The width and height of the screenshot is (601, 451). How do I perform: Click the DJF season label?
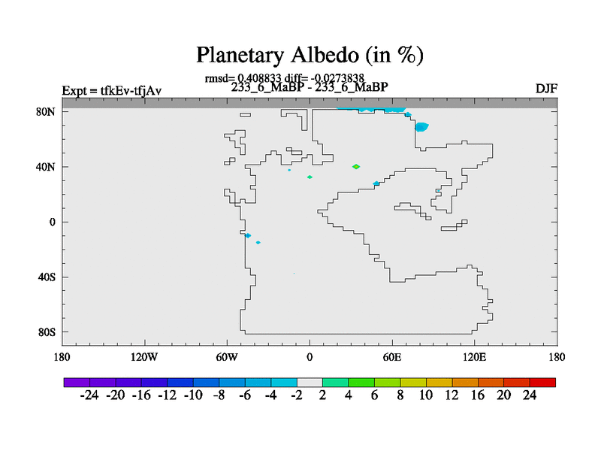point(546,89)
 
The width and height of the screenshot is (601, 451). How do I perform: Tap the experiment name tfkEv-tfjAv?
point(131,91)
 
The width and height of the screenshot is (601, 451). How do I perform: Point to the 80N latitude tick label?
point(46,111)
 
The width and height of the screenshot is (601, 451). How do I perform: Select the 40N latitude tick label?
point(46,167)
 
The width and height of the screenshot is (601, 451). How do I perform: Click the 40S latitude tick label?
point(47,277)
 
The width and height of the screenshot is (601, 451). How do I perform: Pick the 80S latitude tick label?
point(47,332)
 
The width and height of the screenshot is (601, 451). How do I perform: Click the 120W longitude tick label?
point(144,358)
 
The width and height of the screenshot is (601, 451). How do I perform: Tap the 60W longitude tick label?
point(227,358)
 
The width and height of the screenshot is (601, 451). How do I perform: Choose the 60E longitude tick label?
point(392,358)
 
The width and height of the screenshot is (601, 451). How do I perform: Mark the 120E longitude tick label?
point(475,358)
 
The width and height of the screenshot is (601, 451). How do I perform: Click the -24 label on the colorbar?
point(89,395)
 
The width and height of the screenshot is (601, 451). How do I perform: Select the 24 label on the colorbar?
point(530,395)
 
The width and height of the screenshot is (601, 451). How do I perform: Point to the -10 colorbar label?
point(193,395)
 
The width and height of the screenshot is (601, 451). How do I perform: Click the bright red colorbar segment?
point(542,383)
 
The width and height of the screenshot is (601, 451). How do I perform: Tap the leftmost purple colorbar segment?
point(77,383)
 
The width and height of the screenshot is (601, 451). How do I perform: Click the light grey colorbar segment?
point(310,383)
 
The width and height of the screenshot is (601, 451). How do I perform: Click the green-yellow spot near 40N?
point(356,166)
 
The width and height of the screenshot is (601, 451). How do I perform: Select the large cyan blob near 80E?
point(421,127)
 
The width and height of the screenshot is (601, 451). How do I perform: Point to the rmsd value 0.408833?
point(259,78)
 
